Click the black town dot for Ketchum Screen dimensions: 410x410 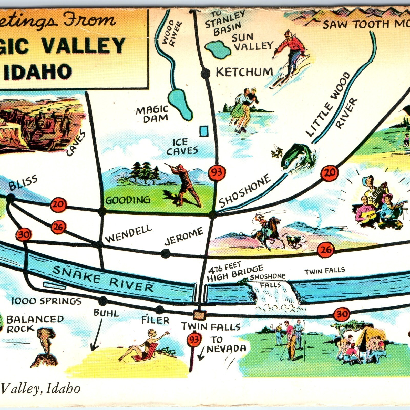[205, 74]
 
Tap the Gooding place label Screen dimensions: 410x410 [128, 200]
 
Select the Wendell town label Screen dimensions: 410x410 [129, 234]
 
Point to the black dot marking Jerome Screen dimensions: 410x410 [166, 254]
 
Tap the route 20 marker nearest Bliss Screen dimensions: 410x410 [58, 204]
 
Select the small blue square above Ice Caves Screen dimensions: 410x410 [204, 131]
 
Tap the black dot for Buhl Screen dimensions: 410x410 [103, 301]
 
